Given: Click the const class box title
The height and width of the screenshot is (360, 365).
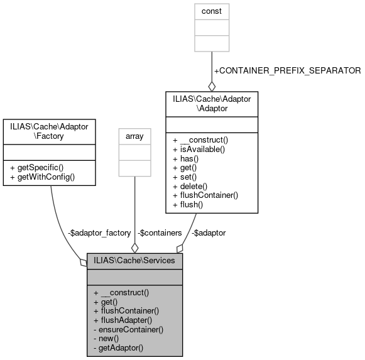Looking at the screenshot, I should (x=212, y=11).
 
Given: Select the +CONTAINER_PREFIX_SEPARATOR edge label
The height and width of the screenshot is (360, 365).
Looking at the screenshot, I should (x=287, y=70).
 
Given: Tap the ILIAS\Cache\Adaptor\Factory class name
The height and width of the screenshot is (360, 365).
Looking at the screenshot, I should (x=50, y=131).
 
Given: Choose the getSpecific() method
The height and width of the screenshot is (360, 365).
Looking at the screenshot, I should (x=38, y=168).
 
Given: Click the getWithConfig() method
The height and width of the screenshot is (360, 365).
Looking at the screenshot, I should (x=43, y=177).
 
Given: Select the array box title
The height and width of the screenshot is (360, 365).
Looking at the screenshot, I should (x=134, y=135).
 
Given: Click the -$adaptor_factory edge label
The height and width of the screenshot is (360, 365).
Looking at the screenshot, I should (x=100, y=232).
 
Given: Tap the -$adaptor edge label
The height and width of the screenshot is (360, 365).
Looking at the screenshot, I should (x=209, y=232).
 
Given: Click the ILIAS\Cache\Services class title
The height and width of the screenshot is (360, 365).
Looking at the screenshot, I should (x=134, y=260).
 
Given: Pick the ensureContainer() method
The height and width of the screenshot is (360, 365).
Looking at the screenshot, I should (x=128, y=329).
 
